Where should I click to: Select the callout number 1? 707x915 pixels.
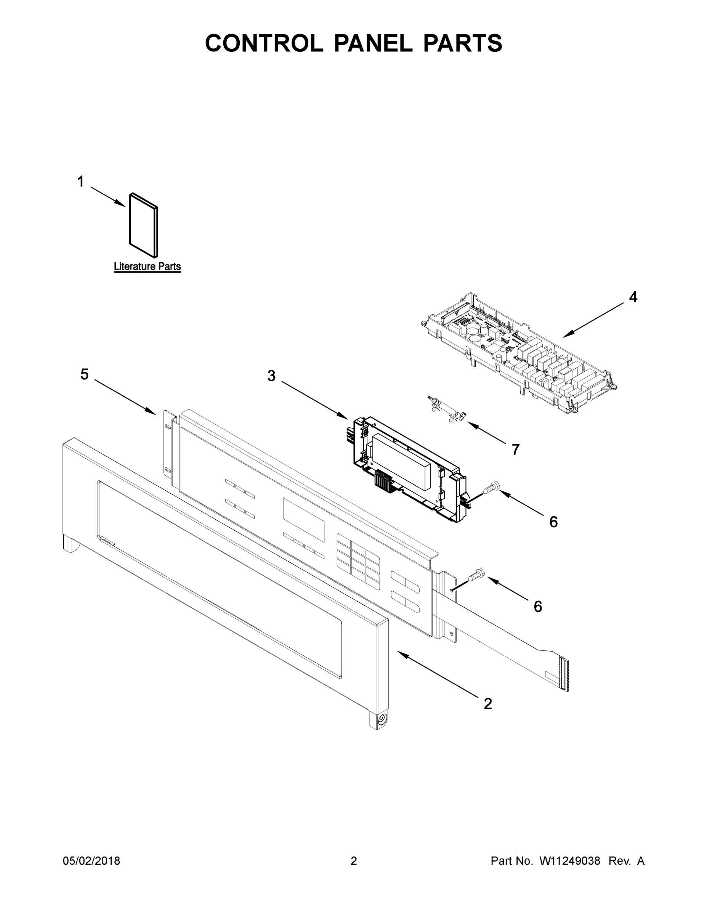(x=81, y=182)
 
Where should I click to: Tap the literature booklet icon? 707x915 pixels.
(x=144, y=225)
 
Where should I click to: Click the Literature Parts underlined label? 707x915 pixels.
(x=147, y=266)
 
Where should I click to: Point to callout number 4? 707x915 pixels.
(x=633, y=297)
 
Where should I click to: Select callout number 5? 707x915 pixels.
(x=85, y=374)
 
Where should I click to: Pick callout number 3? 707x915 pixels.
(x=271, y=376)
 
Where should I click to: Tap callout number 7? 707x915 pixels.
(x=516, y=449)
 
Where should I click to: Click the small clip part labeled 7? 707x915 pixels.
(x=446, y=409)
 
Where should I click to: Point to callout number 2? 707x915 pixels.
(x=487, y=703)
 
